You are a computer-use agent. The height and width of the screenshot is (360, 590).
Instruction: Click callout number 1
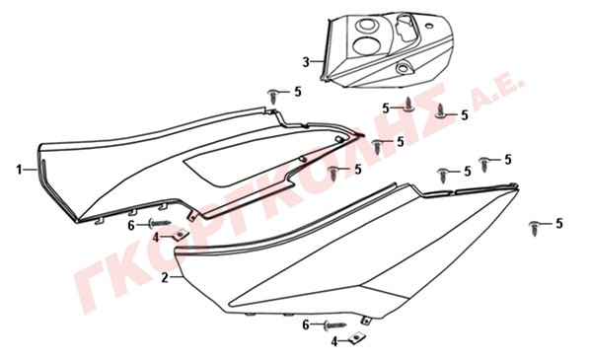(x=19, y=170)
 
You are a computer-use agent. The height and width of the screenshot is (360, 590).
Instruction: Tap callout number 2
(x=165, y=277)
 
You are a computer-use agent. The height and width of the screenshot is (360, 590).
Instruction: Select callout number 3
(x=306, y=62)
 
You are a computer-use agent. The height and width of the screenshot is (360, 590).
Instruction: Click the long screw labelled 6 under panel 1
(x=160, y=223)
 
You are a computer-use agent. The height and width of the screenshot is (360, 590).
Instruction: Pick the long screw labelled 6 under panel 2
(x=334, y=325)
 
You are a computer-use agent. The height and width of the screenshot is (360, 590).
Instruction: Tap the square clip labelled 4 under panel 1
(x=181, y=235)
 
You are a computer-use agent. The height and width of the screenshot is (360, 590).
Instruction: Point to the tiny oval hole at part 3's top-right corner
(x=429, y=26)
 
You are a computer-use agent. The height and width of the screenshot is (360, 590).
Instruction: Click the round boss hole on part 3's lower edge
(x=404, y=68)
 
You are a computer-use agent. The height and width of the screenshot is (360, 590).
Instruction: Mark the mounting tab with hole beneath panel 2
(x=365, y=321)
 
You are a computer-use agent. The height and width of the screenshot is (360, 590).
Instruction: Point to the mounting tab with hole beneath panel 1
(x=191, y=215)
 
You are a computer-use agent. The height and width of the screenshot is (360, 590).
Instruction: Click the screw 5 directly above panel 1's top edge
(x=272, y=97)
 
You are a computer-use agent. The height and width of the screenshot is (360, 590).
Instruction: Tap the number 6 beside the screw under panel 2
(x=306, y=325)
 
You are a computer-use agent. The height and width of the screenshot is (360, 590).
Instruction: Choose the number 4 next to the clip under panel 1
(x=156, y=238)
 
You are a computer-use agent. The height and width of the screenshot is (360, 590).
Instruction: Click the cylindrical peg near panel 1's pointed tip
(x=339, y=139)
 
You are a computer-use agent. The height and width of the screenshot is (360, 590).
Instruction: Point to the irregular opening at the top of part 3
(x=406, y=29)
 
